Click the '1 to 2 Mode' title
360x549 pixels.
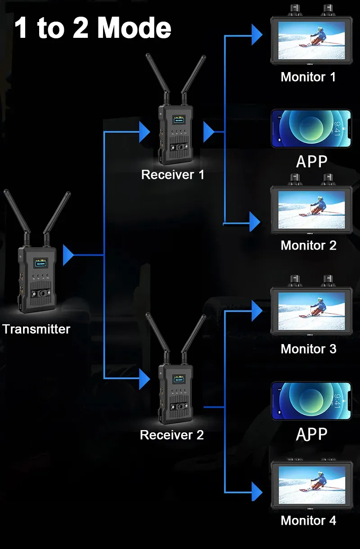(x=93, y=28)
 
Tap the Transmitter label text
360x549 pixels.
(x=36, y=329)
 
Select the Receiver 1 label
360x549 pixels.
(x=172, y=175)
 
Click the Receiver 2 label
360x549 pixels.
(x=171, y=435)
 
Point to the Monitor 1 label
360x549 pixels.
(x=308, y=77)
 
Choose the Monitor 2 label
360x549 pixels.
(x=308, y=245)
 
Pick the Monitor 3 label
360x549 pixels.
(x=308, y=349)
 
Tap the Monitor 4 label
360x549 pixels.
(x=308, y=521)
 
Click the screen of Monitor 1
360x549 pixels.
(x=311, y=41)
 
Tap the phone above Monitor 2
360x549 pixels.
(x=311, y=128)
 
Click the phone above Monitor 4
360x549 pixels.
(x=311, y=401)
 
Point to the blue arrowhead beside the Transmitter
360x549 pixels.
(x=68, y=255)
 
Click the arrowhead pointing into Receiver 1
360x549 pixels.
(x=144, y=132)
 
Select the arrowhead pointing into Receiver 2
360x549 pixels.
(x=144, y=379)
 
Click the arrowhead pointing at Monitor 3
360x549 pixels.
(x=256, y=310)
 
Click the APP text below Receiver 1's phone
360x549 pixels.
(x=311, y=161)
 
